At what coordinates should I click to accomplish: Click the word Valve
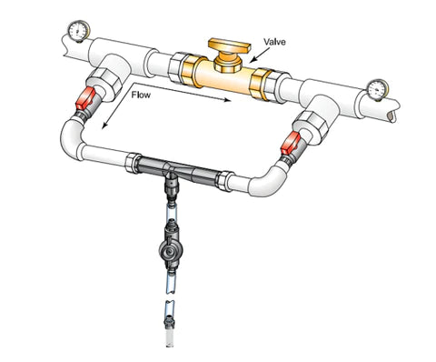pos(274,42)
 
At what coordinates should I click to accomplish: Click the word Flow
pos(141,95)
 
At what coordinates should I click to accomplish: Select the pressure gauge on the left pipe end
pos(78,31)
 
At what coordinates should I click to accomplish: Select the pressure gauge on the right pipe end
pos(377,90)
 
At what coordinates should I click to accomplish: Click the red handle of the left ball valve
pos(85,97)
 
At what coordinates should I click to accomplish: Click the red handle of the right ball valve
pos(290,143)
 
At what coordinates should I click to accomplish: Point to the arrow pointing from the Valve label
pos(260,55)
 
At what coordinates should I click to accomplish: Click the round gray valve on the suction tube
pos(170,250)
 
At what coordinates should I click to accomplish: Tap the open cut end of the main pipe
pos(391,115)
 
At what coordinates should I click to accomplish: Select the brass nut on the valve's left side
pos(190,71)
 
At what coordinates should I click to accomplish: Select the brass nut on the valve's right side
pos(258,85)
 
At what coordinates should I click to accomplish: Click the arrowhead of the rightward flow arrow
pos(227,100)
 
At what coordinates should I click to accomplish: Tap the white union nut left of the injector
pos(133,163)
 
